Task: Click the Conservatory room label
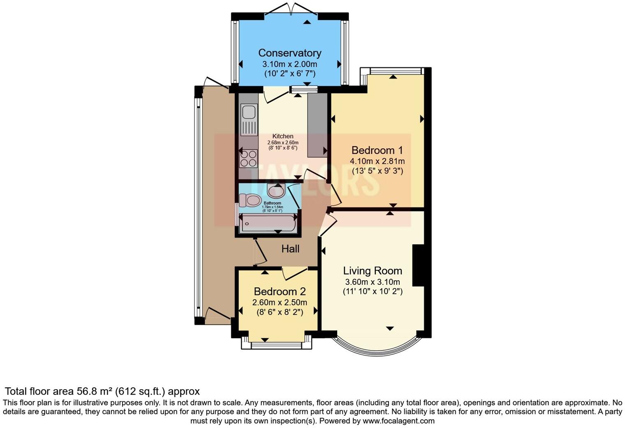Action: click(289, 53)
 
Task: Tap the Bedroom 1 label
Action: click(377, 150)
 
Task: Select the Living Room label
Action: click(373, 271)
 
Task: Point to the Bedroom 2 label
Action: click(280, 292)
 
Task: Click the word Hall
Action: click(290, 249)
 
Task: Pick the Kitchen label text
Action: click(283, 136)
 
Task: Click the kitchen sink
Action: click(249, 112)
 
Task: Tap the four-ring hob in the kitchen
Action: click(249, 158)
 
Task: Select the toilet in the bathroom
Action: click(250, 200)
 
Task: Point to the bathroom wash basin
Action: click(275, 190)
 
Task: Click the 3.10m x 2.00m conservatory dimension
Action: click(289, 64)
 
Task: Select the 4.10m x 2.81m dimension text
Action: click(377, 161)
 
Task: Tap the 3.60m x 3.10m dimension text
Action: click(373, 282)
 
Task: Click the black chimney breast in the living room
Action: click(418, 265)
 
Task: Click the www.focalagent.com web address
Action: click(398, 421)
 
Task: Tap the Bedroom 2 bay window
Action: click(276, 345)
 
